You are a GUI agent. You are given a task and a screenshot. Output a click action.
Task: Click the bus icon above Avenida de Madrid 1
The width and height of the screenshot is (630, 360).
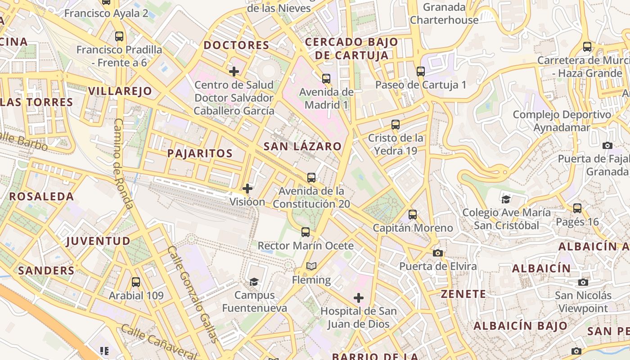pos(326,79)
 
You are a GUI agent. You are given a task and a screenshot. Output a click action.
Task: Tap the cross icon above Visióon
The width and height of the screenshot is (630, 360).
pos(247,189)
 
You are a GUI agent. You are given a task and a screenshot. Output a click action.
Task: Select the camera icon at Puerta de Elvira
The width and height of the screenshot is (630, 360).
pos(438,253)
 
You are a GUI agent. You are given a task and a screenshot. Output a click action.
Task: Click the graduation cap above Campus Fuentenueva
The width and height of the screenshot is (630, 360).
pos(254,282)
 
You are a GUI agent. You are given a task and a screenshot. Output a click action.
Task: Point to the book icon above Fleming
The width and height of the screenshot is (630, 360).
pos(311,266)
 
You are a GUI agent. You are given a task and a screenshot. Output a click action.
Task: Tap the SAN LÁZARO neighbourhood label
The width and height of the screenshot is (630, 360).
pos(302,146)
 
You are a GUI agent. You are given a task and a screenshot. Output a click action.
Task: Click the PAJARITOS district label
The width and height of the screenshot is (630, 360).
pos(200,153)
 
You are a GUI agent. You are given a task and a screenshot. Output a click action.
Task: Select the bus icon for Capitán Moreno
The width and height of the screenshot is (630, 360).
pos(413,215)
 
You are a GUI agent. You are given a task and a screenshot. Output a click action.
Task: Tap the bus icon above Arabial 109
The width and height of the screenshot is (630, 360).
pos(136,282)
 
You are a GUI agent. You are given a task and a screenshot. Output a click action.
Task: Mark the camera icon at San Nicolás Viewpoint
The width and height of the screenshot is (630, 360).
pos(583,282)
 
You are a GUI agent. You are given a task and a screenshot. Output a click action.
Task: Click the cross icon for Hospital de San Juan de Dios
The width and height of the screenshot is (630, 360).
pos(359,298)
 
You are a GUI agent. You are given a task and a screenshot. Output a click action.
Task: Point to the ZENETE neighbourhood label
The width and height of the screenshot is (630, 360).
pos(463,294)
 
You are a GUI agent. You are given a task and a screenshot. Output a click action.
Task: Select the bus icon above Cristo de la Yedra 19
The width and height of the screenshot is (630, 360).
pos(396,125)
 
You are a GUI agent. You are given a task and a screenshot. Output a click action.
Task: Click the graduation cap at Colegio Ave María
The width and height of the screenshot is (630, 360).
pos(506,199)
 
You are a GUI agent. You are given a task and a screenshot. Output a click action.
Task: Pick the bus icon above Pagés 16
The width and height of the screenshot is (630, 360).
pos(577,208)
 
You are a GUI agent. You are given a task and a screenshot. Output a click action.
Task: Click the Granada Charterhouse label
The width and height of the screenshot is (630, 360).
pos(444,13)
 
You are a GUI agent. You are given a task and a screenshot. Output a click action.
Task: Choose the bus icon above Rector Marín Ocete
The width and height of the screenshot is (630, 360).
pos(306,232)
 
